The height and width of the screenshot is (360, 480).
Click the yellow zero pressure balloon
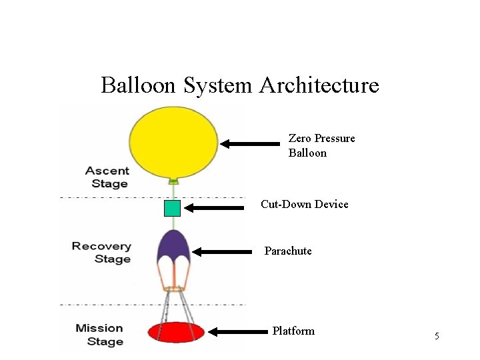tap(173, 141)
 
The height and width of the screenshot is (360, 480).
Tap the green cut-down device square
tap(172, 208)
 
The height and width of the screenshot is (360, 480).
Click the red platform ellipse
tap(175, 332)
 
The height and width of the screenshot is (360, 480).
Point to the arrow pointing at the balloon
tap(250, 143)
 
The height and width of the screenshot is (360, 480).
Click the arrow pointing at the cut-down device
tap(214, 208)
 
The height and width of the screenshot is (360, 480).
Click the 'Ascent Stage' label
tap(107, 177)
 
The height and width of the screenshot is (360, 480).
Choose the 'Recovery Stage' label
tap(101, 253)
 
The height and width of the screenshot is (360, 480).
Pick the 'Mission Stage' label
tap(99, 335)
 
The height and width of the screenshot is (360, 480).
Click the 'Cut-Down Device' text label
tap(304, 204)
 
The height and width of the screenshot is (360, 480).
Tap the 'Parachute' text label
tap(288, 251)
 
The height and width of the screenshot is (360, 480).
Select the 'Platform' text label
tap(293, 331)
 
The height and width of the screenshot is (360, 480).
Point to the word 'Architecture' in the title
tap(319, 85)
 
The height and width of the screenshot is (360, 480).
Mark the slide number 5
tap(437, 336)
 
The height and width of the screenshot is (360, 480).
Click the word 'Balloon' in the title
tap(137, 85)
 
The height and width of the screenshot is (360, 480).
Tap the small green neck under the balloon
tap(173, 180)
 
